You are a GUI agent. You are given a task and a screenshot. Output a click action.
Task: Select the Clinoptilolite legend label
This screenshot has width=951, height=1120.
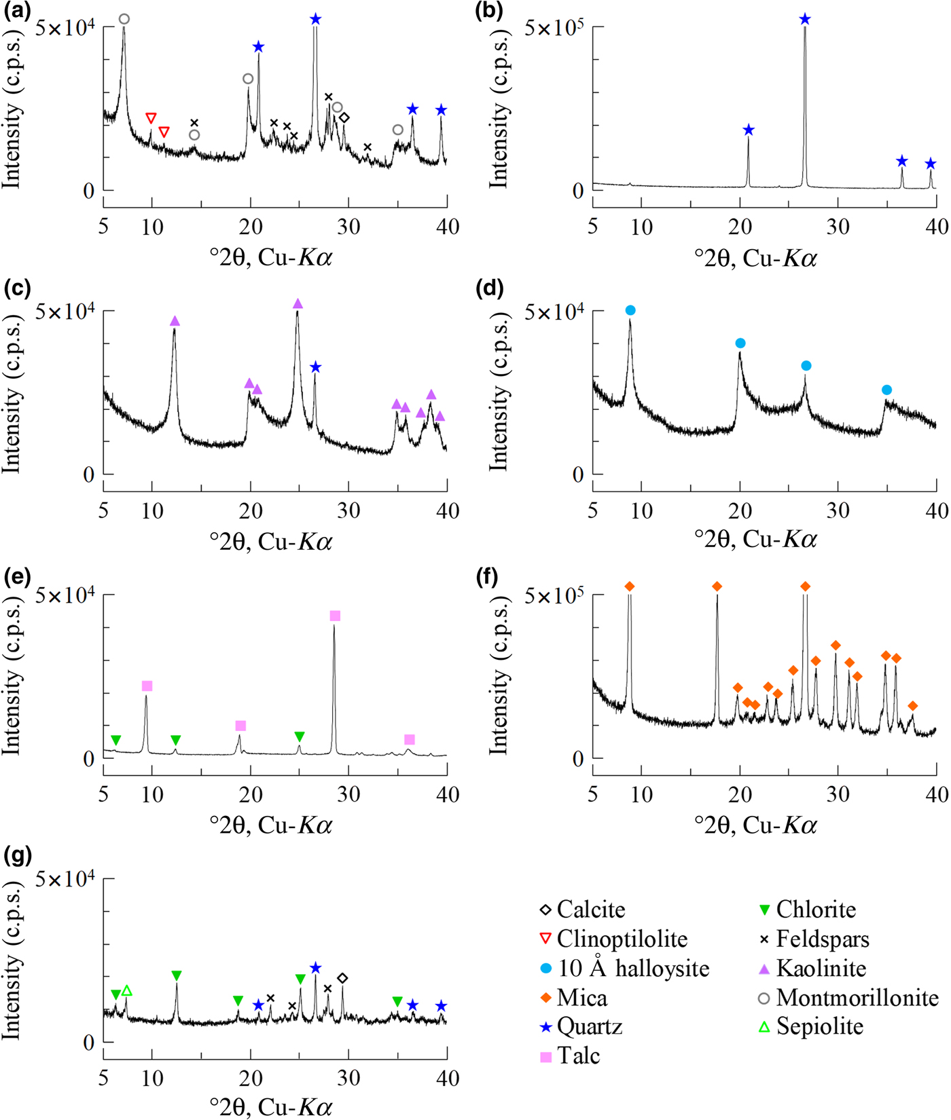(621, 939)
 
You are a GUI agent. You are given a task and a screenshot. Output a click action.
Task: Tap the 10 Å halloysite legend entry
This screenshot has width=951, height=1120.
(632, 969)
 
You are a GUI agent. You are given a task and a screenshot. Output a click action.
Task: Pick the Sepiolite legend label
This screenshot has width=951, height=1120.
(819, 1026)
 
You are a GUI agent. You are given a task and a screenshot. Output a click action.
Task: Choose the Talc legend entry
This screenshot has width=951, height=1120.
(577, 1056)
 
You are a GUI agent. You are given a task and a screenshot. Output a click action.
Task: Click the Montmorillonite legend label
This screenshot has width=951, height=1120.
(857, 997)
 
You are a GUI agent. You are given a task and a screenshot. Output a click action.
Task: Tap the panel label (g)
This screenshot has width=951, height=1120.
(17, 856)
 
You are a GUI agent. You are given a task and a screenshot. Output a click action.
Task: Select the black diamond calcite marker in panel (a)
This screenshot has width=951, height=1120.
(344, 118)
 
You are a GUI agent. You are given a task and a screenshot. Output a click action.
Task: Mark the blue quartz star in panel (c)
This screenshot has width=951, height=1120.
(315, 367)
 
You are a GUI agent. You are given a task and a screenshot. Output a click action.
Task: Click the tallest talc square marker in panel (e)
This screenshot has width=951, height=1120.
(335, 616)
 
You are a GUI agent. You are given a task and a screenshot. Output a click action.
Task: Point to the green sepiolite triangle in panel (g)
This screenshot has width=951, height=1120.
(126, 991)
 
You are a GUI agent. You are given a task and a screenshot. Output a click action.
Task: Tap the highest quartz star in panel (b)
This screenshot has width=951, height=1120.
(805, 20)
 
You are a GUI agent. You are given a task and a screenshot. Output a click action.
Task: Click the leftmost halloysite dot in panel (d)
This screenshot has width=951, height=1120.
(630, 310)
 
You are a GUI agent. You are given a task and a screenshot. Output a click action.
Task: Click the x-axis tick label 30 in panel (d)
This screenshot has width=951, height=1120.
(838, 510)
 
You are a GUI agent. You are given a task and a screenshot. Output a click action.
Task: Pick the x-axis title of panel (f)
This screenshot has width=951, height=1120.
(755, 825)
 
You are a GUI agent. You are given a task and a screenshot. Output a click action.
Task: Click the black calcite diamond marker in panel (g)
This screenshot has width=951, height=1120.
(342, 978)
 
